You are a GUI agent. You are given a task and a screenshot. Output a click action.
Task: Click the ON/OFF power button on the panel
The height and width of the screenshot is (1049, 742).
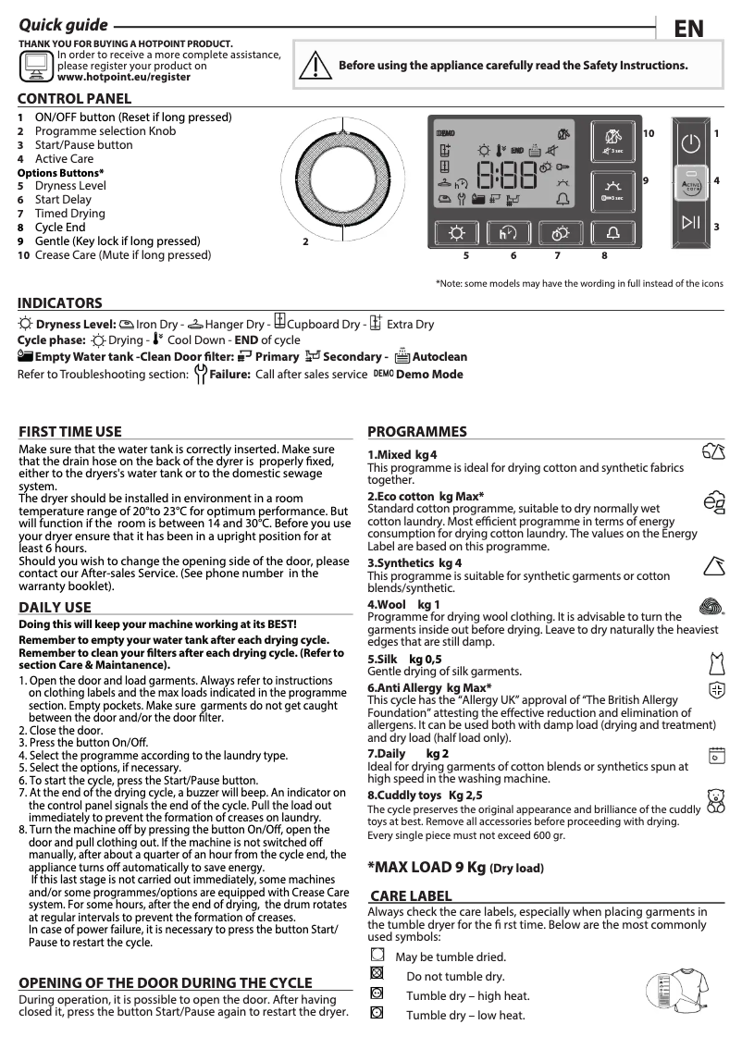pos(690,144)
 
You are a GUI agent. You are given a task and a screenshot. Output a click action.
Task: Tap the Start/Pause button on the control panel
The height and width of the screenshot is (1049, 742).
pos(690,221)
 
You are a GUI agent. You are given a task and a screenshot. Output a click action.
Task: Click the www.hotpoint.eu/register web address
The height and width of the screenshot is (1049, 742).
pos(124,78)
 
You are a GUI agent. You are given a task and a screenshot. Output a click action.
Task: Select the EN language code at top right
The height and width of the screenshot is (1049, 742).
pos(688,29)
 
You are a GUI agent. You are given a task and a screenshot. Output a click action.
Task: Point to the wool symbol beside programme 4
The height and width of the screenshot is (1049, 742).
pos(710,606)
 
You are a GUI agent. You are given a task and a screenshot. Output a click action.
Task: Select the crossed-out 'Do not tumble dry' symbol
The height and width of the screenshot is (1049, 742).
pos(376,973)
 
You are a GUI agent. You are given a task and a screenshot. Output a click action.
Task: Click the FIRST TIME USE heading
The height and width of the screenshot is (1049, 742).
pos(70,431)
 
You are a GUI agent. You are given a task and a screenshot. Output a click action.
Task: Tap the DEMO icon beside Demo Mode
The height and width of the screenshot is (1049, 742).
pos(383,373)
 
